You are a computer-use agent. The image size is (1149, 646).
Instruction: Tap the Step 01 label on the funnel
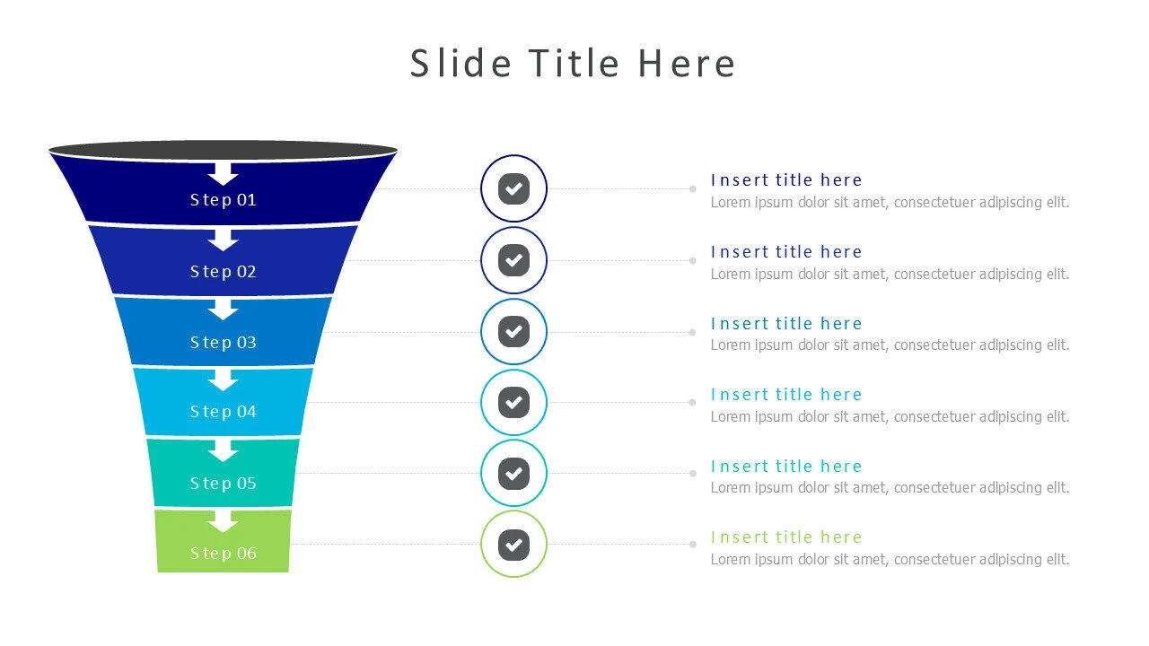click(x=223, y=200)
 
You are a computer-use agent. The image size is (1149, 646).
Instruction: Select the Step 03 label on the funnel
click(x=223, y=343)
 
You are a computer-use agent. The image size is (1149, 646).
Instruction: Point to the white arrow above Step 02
click(x=223, y=240)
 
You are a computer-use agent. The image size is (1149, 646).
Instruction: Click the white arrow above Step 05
click(x=223, y=450)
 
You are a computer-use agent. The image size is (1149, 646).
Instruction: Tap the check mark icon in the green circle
click(x=513, y=544)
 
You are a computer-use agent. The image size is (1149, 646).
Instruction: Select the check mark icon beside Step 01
click(x=513, y=188)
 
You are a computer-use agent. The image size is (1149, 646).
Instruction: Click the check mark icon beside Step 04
click(x=513, y=402)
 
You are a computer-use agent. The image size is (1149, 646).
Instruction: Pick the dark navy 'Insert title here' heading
click(x=785, y=180)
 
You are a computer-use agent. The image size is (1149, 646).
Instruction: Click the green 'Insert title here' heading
click(x=785, y=537)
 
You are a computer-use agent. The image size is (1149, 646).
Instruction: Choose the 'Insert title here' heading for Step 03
click(x=785, y=324)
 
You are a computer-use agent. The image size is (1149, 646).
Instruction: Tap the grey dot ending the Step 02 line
click(x=692, y=260)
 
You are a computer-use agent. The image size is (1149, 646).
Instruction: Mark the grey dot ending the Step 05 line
click(x=692, y=473)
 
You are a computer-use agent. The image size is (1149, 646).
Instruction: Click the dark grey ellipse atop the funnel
click(x=223, y=150)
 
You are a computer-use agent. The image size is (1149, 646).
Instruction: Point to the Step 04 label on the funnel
click(x=223, y=412)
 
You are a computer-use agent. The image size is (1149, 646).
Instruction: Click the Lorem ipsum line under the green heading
click(x=890, y=560)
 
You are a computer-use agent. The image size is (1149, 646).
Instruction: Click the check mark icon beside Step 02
click(x=513, y=260)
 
